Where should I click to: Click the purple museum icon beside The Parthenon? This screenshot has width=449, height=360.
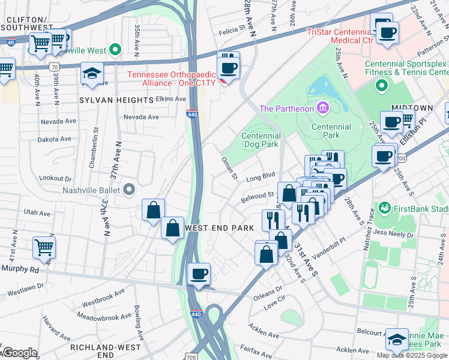[x=323, y=108]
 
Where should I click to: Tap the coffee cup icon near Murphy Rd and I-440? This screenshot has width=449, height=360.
[x=199, y=274]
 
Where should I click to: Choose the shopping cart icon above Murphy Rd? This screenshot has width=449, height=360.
[x=44, y=247]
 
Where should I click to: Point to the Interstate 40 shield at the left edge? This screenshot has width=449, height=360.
[x=10, y=41]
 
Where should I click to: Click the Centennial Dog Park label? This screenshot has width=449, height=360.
[x=261, y=140]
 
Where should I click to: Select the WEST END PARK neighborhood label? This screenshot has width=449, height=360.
[x=220, y=227]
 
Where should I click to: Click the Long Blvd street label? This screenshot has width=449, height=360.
[x=260, y=177]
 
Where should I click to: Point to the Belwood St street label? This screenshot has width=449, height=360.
[x=257, y=196]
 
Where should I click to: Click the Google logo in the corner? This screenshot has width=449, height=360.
[x=19, y=353]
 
